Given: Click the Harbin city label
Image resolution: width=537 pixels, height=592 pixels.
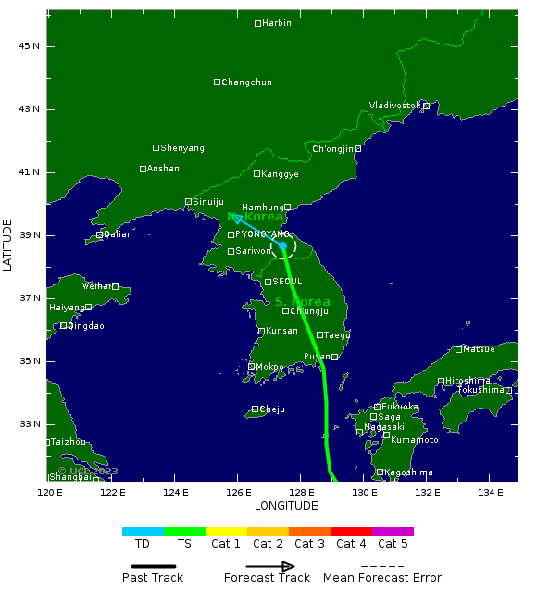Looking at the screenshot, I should point(276,23).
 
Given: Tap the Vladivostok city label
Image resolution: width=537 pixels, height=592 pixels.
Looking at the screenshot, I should point(395,106).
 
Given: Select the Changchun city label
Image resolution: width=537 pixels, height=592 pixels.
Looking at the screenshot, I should point(247,82).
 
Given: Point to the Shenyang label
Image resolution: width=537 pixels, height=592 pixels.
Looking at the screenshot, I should point(182,148).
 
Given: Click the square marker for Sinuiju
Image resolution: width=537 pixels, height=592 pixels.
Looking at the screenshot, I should point(189,201).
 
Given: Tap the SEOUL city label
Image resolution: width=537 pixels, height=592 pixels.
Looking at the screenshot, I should point(287,282).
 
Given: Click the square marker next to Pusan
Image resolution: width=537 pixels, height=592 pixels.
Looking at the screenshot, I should point(334,357).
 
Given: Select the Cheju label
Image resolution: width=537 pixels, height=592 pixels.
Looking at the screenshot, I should point(272,409).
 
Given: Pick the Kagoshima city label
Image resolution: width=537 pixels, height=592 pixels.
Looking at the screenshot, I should point(408,472).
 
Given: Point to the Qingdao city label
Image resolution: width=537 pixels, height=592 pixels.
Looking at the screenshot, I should point(86,326).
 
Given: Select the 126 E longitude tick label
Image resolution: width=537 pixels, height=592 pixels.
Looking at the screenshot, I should point(238,492).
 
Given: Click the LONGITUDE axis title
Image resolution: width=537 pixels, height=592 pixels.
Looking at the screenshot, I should point(286,506).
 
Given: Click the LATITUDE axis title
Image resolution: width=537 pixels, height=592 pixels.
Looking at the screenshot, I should point(8,245).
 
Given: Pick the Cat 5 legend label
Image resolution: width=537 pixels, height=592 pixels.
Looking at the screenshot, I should point(393,544).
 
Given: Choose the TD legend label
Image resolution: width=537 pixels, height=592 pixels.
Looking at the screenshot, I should point(143,544).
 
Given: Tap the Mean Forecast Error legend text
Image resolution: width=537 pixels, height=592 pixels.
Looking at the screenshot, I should point(382,578).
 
